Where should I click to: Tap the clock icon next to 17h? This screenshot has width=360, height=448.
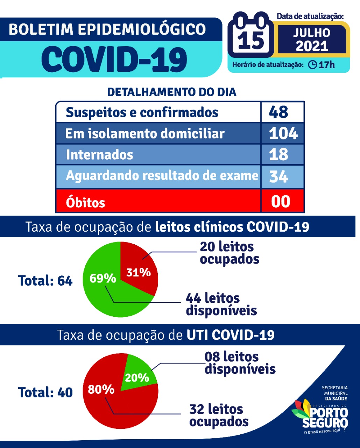pos(312,65)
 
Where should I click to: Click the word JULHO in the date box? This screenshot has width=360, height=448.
pos(311,33)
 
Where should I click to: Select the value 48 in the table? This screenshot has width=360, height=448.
pos(279,112)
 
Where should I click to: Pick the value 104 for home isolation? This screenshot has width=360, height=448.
pos(283,133)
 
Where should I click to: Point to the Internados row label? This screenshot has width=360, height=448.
pos(100,154)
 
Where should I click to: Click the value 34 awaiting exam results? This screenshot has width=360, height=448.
pos(279,176)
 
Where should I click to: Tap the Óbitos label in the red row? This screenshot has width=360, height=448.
pos(85,202)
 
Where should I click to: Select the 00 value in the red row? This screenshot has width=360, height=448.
pos(281,202)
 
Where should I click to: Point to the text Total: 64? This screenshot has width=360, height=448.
pos(45,281)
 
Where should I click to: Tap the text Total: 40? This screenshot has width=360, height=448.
pos(45,392)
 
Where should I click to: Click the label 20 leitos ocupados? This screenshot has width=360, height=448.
pos(229,253)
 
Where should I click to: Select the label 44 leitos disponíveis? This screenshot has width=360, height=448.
pos(221,304)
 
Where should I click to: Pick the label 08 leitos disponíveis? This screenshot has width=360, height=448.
pos(240,363)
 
